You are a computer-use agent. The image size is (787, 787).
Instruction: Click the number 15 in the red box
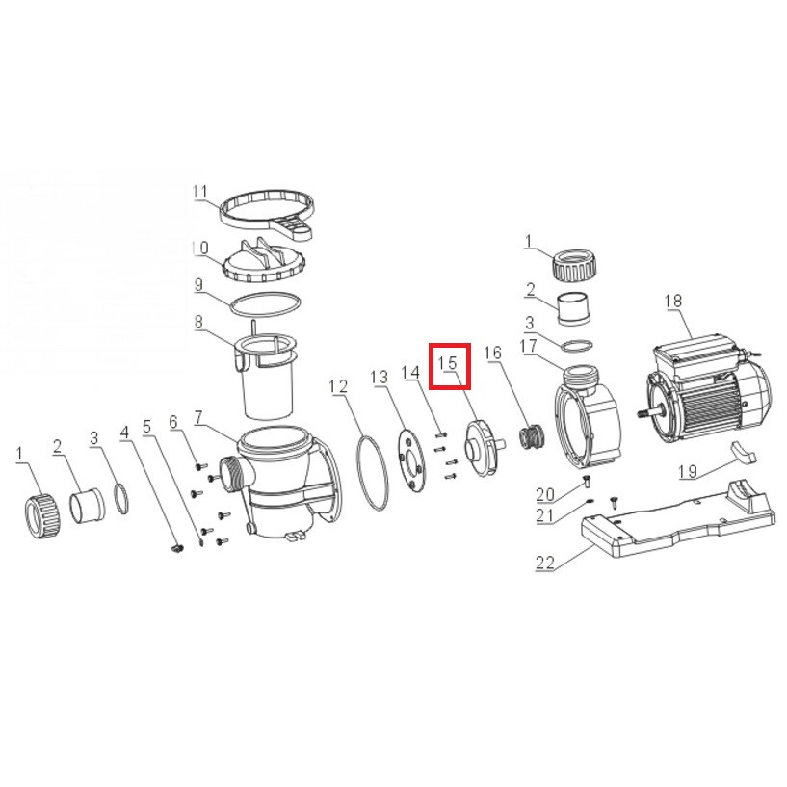click(x=447, y=363)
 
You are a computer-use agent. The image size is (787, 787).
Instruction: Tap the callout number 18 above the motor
click(x=672, y=301)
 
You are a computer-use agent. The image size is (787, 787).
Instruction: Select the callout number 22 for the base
click(x=545, y=564)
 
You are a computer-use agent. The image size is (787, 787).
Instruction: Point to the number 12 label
click(x=338, y=386)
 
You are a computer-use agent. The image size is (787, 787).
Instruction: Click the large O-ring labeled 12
click(x=372, y=474)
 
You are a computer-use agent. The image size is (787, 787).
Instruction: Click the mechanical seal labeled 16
click(x=531, y=439)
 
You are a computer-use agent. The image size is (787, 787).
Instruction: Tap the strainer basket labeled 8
click(x=266, y=377)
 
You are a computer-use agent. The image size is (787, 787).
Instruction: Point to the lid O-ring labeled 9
click(x=266, y=304)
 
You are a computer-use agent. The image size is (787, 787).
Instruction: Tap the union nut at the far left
click(x=42, y=515)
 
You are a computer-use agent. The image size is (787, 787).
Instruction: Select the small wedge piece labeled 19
click(x=742, y=451)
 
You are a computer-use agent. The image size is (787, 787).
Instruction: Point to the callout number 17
click(x=529, y=346)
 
